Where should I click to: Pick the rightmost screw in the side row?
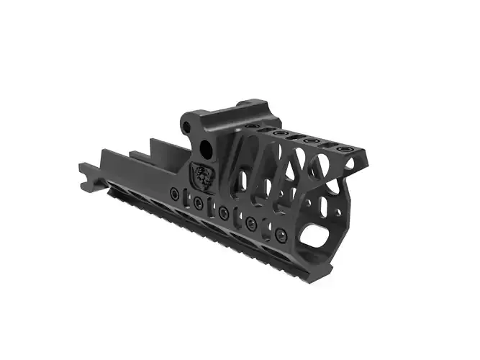click(281, 235)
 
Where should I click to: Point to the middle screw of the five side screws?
click(225, 213)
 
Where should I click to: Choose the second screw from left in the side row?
click(198, 204)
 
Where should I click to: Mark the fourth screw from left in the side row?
click(251, 224)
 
